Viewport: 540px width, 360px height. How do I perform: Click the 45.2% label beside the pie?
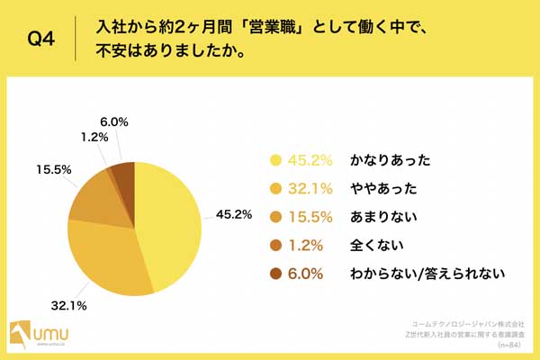pos(234,214)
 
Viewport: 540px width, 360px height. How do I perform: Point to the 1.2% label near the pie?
pos(94,138)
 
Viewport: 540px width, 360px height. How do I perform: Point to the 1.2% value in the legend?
pos(311,245)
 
